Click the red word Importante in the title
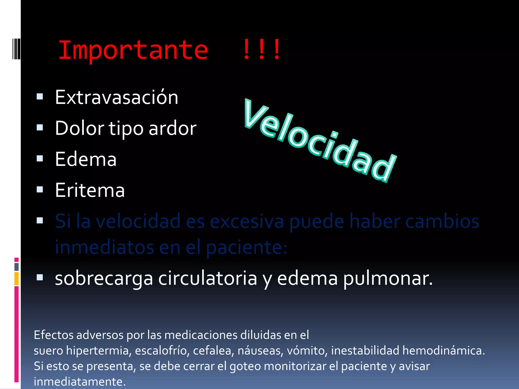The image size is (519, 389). [133, 50]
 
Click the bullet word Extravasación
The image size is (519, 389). [117, 97]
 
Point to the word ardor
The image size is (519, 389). [172, 128]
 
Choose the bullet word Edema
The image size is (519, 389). [86, 159]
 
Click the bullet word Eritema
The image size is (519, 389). [90, 190]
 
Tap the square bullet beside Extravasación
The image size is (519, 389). [40, 96]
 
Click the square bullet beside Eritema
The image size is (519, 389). [40, 189]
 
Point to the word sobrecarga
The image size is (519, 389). [104, 278]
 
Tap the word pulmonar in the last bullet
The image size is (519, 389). [388, 278]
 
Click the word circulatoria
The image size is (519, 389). [208, 278]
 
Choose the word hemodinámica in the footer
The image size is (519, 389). [443, 351]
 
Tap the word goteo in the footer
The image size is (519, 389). [245, 366]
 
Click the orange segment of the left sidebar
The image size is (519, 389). [16, 278]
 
